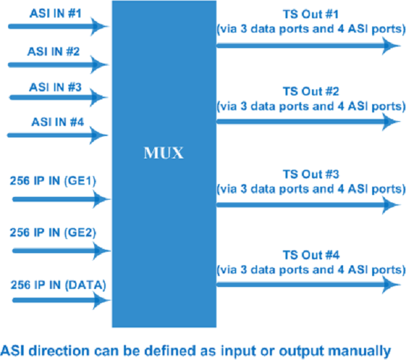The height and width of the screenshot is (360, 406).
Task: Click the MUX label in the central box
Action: tap(164, 150)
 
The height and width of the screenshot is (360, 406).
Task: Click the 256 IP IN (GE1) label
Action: tap(55, 183)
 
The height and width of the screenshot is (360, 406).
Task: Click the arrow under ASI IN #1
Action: tap(58, 27)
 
